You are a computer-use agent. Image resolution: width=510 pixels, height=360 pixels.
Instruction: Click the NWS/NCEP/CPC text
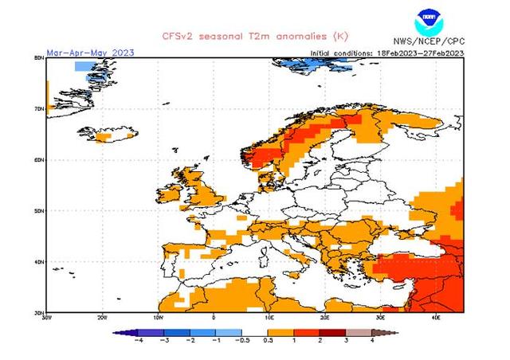point(428,41)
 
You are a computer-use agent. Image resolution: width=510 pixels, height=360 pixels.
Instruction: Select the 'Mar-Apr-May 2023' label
point(90,53)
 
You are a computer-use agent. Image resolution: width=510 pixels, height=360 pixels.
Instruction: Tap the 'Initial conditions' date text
point(386,53)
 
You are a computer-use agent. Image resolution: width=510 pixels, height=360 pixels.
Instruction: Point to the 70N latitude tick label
point(39,108)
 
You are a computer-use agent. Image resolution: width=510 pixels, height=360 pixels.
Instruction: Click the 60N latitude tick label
point(39,159)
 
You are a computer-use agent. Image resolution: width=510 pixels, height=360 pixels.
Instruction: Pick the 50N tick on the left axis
point(39,210)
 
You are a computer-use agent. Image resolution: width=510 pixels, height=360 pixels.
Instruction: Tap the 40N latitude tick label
point(39,261)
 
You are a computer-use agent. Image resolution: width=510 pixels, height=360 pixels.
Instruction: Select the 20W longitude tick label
point(101,317)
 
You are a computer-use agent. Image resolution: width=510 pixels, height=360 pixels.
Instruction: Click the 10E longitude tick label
point(269,317)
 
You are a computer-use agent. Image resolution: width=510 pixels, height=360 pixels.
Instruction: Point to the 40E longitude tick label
point(437,317)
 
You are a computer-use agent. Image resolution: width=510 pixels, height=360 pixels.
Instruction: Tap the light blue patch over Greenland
point(85,67)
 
